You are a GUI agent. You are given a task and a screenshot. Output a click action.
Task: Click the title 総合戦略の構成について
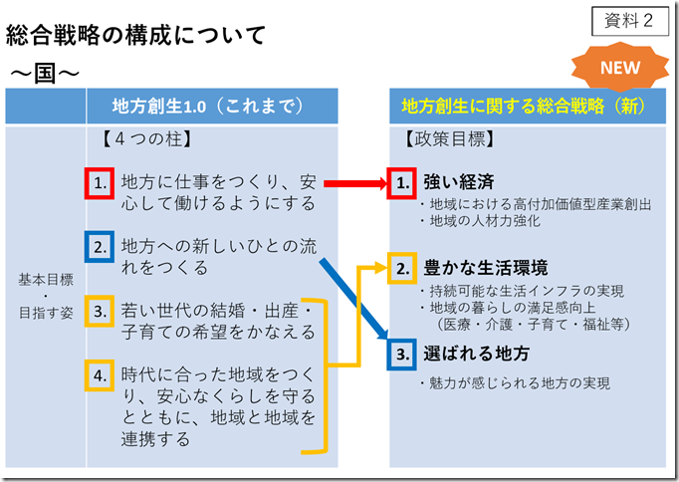coord(136,37)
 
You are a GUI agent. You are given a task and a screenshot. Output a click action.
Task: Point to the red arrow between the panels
coord(353,183)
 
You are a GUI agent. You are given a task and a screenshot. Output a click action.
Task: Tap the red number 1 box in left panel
coord(99,183)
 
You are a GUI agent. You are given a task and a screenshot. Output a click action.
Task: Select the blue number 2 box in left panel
coord(99,246)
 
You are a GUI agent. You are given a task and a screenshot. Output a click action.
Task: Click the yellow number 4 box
coord(99,375)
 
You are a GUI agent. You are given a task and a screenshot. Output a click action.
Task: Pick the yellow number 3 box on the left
coord(99,311)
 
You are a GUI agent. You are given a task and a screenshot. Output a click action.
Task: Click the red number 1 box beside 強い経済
coord(401,183)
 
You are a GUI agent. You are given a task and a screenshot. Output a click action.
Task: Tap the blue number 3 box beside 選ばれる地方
coord(401,354)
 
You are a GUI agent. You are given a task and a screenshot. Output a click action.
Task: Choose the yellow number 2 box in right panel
coord(401,269)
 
